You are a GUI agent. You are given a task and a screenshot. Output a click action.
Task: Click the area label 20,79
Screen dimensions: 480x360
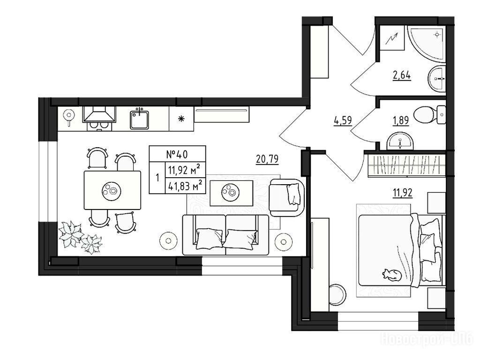[x=267, y=159]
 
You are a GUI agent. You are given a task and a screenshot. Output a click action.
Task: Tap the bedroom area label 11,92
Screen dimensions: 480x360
[x=403, y=193]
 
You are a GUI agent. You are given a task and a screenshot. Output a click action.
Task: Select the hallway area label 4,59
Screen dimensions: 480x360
[x=343, y=120]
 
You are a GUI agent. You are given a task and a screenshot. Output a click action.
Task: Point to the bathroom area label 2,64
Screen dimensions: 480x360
[x=402, y=75]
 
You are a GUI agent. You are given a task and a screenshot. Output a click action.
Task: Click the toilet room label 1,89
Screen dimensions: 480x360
[x=401, y=120]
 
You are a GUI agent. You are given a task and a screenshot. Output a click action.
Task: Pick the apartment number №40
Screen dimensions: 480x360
[x=177, y=154]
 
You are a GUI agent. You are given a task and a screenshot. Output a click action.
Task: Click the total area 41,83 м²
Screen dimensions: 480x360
[x=185, y=185]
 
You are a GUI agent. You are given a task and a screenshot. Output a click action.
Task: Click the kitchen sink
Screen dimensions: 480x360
[x=139, y=120]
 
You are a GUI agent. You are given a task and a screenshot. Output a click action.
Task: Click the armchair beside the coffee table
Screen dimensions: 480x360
[x=287, y=198]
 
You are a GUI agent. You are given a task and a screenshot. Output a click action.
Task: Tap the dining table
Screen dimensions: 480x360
[x=112, y=190]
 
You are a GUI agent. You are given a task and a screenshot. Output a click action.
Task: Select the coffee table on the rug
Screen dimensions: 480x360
[x=232, y=193]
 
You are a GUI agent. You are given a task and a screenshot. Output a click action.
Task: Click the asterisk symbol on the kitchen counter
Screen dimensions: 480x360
[x=181, y=119]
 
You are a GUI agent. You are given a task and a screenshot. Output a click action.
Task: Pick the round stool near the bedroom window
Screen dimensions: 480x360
[x=337, y=295]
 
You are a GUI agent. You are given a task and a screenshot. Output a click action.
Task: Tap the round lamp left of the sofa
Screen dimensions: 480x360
[x=168, y=240]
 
